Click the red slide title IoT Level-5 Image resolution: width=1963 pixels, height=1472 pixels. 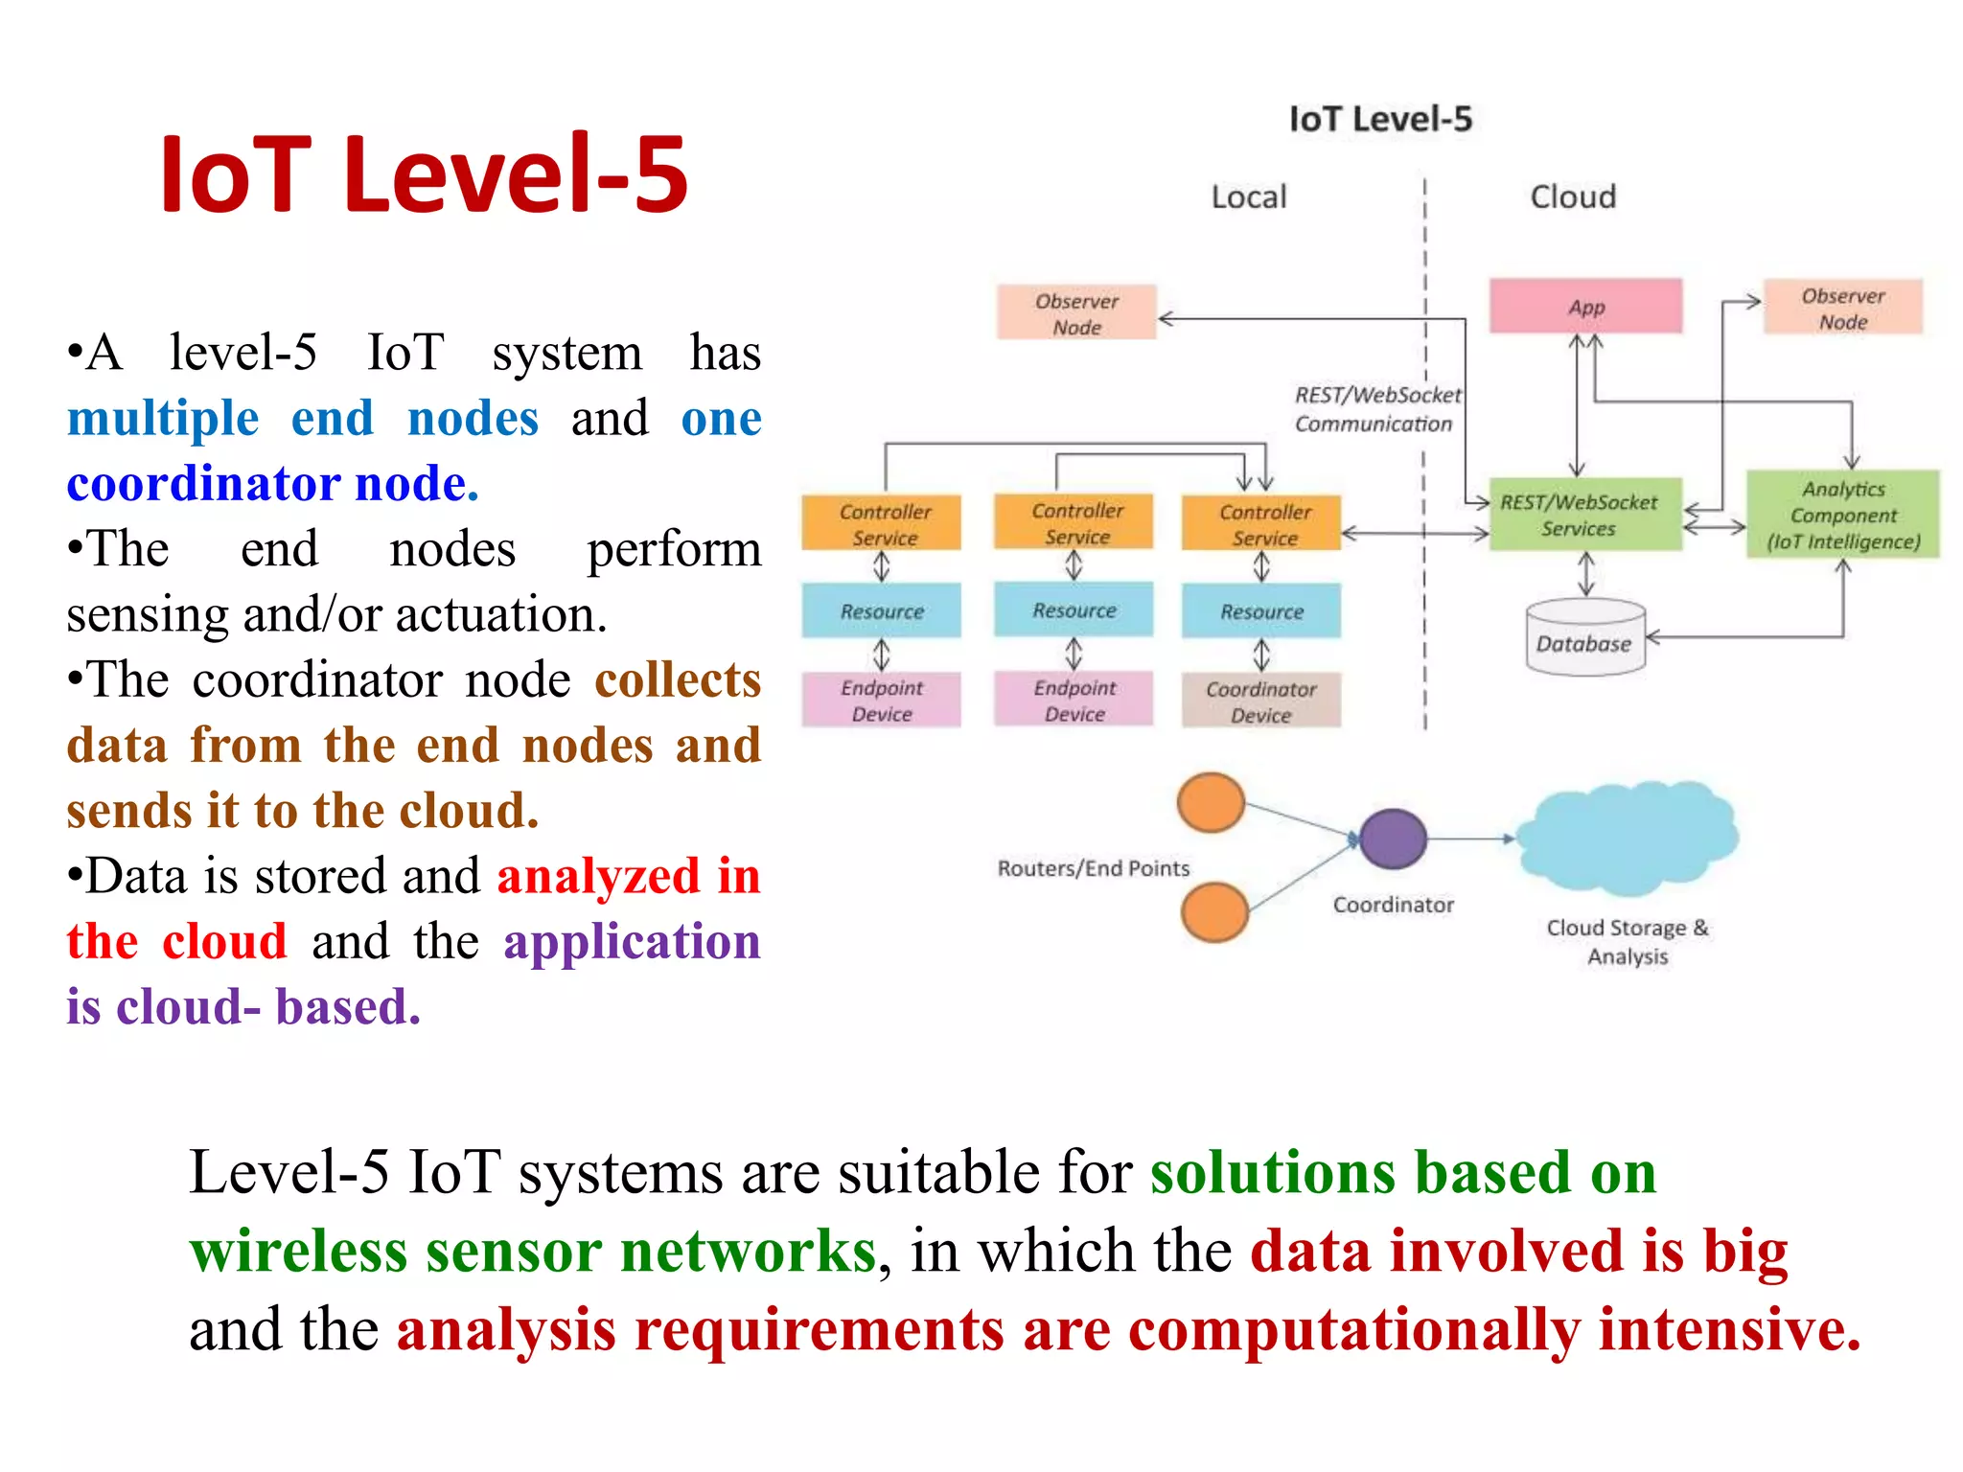tap(424, 174)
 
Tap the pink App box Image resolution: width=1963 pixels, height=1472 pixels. tap(1585, 307)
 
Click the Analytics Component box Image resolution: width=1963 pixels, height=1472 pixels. tap(1842, 515)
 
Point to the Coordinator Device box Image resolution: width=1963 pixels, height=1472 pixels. tap(1260, 701)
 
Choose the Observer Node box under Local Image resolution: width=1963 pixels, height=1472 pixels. tap(1076, 313)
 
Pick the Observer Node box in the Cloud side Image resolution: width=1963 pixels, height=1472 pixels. tap(1842, 309)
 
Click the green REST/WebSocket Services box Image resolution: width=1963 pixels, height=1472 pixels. tap(1585, 516)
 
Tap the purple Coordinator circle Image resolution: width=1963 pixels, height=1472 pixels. tap(1393, 839)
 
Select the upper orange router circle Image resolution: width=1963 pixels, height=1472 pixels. tap(1211, 802)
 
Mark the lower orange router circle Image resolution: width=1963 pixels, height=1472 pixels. tap(1214, 911)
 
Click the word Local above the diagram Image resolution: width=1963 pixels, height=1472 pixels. tap(1248, 196)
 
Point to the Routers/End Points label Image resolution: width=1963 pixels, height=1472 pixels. tap(1093, 868)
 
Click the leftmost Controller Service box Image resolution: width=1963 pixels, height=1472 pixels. tap(882, 523)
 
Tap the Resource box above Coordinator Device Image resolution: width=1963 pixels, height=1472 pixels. tap(1260, 611)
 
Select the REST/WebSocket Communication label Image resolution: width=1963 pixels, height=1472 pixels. tap(1376, 409)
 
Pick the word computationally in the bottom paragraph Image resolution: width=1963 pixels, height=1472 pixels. tap(1353, 1330)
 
